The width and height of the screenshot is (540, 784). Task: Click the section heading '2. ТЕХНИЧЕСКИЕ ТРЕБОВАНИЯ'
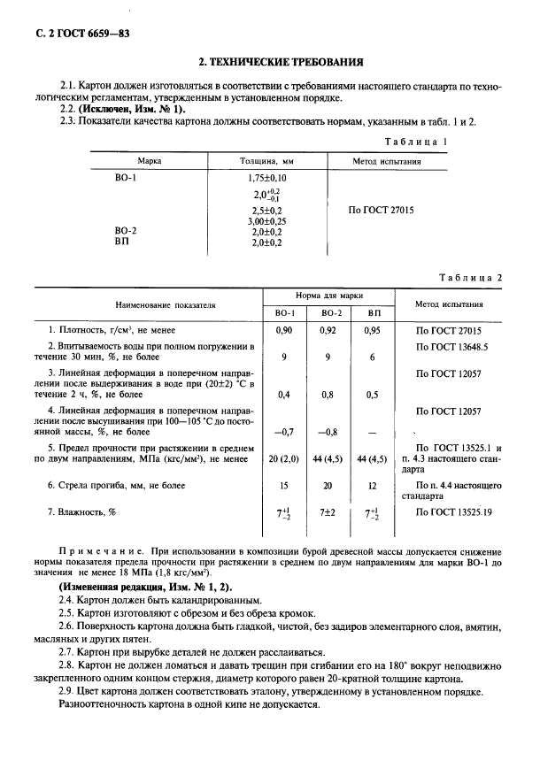click(280, 63)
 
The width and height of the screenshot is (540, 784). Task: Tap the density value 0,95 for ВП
click(372, 329)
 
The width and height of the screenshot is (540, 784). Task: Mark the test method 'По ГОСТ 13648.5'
click(451, 346)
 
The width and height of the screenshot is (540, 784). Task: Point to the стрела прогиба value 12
click(372, 486)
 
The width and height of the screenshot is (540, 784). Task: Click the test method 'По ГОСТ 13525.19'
click(455, 511)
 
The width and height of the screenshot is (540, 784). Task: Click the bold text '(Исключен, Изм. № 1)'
click(132, 109)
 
